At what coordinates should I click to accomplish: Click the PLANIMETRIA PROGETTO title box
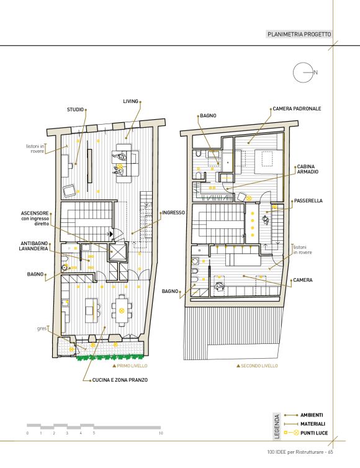coord(299,34)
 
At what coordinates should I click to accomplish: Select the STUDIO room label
coord(75,109)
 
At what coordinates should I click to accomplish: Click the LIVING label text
coord(130,101)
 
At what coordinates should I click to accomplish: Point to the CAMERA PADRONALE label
coord(297,109)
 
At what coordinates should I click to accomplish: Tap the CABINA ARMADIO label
coord(307,169)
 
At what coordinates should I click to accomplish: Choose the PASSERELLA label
coord(308,201)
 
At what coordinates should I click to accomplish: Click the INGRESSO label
coord(173,213)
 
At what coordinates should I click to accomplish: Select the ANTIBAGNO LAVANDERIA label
coord(34,246)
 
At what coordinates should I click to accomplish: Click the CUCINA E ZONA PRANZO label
coord(120,380)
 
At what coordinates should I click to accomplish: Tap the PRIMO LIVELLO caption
coord(132,366)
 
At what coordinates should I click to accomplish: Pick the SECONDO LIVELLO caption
coord(259,366)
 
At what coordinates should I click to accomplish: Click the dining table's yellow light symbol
coord(121,311)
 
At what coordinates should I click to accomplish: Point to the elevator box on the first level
coord(117,253)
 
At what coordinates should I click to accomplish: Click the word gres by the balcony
coord(42,328)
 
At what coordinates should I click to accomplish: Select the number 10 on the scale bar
coord(161,433)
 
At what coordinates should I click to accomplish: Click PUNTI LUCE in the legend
coord(314,433)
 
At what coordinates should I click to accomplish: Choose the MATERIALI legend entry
coord(313,424)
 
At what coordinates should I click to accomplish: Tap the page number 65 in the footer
coord(330,452)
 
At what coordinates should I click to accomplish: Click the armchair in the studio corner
coord(70,191)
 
